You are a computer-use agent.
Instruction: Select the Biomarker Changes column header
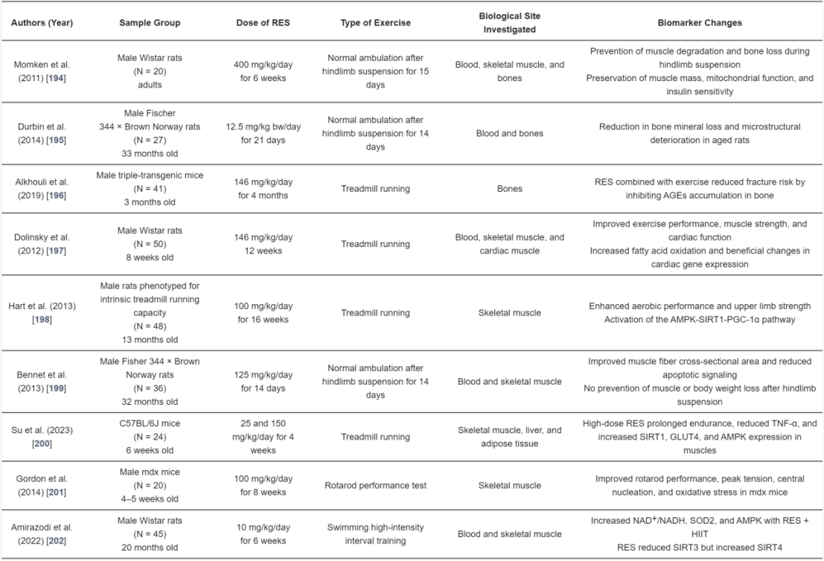(700, 23)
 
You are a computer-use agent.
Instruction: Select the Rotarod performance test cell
(375, 486)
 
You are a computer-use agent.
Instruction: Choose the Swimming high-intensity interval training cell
(375, 533)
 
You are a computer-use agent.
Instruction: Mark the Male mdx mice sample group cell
(150, 485)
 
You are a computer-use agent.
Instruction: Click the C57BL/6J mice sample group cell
(150, 437)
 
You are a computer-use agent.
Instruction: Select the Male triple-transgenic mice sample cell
(150, 189)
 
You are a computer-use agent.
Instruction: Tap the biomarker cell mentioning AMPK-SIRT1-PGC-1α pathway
(700, 312)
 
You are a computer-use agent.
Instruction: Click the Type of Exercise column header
(375, 23)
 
